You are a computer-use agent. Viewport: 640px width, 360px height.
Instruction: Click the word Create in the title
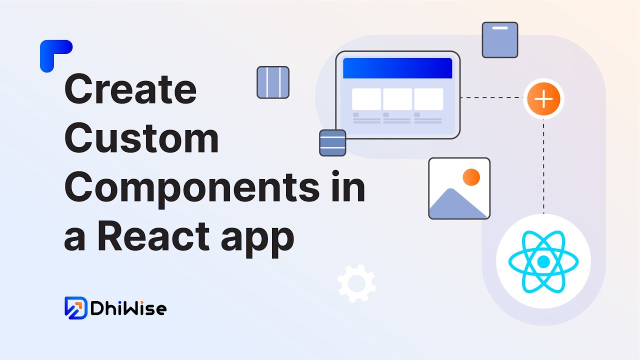pos(130,89)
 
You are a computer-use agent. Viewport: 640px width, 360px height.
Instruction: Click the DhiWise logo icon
pos(76,307)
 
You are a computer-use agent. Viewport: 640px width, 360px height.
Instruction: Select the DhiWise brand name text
pos(128,308)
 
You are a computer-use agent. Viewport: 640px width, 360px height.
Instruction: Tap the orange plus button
pos(543,98)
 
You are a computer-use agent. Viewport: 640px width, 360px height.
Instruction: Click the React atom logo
pos(543,261)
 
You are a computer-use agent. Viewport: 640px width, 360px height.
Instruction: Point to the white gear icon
pos(356,283)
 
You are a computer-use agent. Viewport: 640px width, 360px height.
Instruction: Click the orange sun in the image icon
pos(471,177)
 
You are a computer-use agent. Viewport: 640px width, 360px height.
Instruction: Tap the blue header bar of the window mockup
pos(397,68)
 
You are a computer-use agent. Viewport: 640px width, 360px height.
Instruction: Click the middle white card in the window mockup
pos(397,99)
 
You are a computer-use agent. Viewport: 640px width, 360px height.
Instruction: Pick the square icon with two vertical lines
pos(273,82)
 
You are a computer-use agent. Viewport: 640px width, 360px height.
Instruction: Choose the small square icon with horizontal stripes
pos(332,142)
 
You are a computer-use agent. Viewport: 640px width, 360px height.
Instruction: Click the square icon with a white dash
pos(499,39)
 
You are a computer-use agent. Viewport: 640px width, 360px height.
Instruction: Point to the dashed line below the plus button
pos(543,165)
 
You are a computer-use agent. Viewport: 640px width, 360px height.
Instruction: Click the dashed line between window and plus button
pos(491,98)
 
